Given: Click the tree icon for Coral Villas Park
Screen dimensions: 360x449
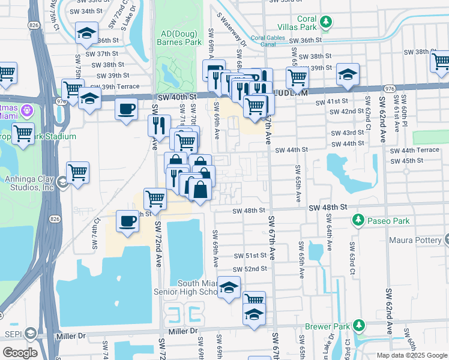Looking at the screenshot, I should click(326, 22).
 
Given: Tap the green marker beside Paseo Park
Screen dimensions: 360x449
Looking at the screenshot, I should click(358, 221).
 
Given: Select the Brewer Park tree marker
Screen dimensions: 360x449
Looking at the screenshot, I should click(359, 326).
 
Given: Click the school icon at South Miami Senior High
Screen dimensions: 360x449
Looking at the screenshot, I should click(229, 289).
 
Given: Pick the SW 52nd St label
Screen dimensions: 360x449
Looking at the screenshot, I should click(250, 269).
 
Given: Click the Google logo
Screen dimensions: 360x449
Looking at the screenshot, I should click(20, 353).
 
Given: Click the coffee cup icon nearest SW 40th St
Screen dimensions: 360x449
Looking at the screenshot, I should click(126, 109).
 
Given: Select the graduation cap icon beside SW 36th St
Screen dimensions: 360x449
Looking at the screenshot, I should click(86, 33).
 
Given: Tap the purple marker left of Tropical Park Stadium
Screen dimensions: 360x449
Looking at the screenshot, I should click(26, 110).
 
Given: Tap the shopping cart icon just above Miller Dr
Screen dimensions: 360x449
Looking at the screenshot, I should click(254, 299).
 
